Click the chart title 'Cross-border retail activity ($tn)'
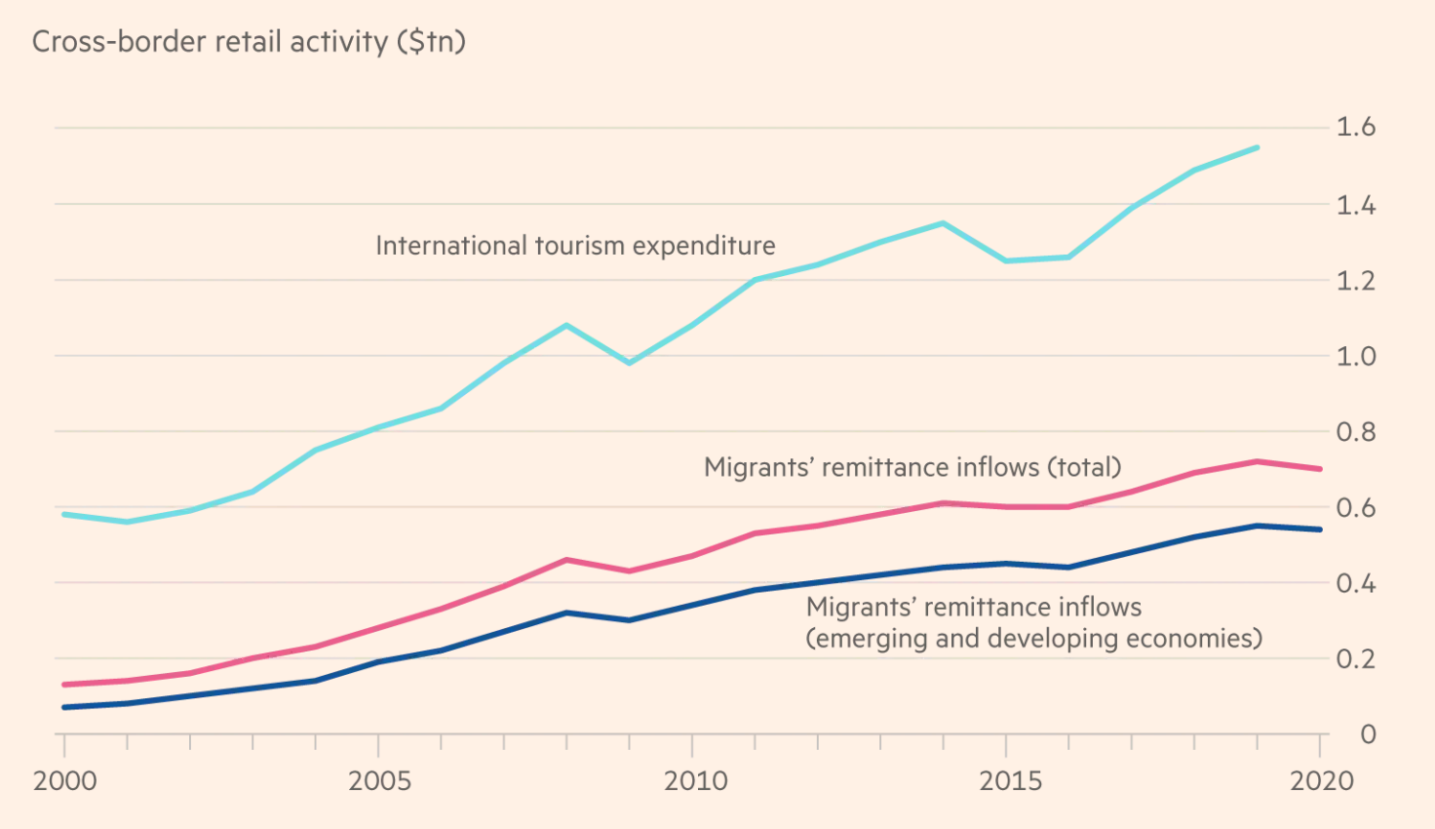pos(249,42)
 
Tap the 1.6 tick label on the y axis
pos(1355,127)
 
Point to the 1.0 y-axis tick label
pos(1355,356)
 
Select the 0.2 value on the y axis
pos(1355,658)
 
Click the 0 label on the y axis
pos(1368,734)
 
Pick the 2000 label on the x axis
pos(65,780)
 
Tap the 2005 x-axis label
pos(379,780)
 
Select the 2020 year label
pos(1322,780)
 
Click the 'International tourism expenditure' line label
pos(575,246)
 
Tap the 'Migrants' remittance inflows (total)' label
pos(912,467)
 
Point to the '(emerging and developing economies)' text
pos(1033,639)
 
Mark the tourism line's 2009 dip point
pos(630,363)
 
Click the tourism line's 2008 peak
pos(566,325)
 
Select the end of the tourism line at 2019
pos(1258,147)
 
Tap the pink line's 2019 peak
pos(1258,461)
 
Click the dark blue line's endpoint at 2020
pos(1320,530)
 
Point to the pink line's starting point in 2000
pos(64,685)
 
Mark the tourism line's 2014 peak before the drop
pos(943,223)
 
